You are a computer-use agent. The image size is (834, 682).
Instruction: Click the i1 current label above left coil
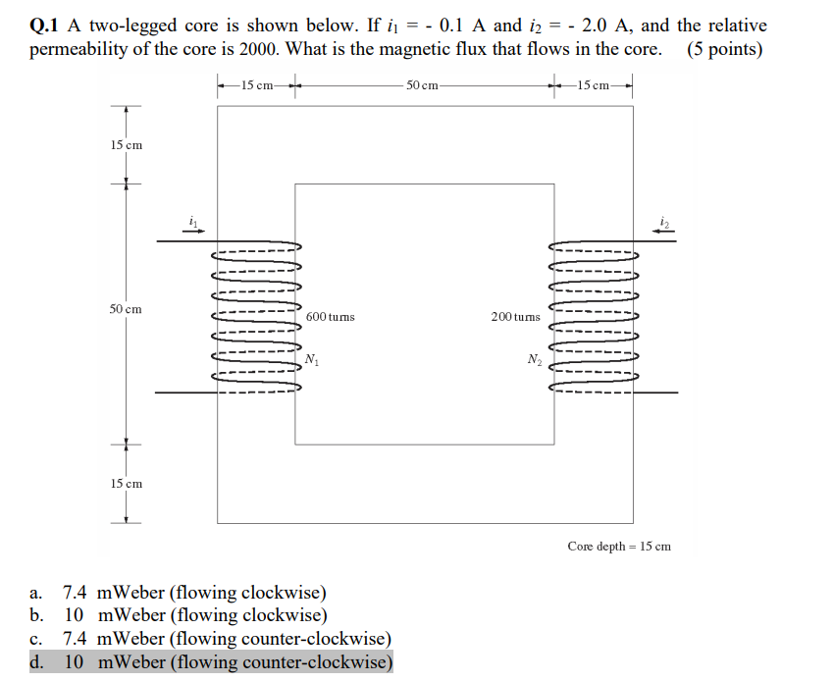[x=193, y=223]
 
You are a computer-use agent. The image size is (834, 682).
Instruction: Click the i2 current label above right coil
[x=664, y=223]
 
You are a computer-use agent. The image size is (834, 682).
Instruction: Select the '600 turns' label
[x=331, y=317]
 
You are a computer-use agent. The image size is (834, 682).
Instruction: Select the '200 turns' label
[x=515, y=317]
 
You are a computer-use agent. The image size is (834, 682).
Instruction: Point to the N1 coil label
[x=312, y=359]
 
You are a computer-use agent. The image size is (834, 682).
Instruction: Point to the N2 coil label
[x=534, y=360]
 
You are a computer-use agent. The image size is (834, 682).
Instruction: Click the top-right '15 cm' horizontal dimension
[x=595, y=86]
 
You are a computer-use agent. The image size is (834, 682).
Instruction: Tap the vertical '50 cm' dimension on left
[x=126, y=309]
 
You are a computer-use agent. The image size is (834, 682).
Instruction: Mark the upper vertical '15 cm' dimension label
[x=126, y=145]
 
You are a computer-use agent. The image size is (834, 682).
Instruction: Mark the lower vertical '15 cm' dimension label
[x=126, y=484]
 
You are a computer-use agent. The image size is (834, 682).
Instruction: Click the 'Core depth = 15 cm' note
[x=618, y=546]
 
